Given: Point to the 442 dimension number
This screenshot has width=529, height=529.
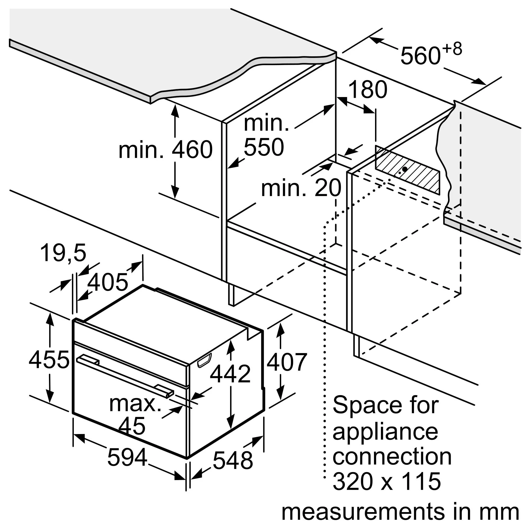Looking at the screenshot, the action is (230, 373).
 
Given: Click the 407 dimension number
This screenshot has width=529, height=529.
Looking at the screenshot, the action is (287, 362).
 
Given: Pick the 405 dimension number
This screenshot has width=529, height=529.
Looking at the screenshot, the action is (108, 282).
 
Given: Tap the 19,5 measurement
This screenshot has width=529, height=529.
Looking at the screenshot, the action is (63, 253).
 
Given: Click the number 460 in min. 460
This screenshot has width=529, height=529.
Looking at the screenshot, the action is (192, 149).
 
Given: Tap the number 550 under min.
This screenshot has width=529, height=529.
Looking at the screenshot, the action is (264, 147).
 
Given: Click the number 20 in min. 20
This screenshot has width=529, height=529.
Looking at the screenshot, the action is (328, 188).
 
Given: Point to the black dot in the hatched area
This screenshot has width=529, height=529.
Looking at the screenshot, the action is (404, 169).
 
